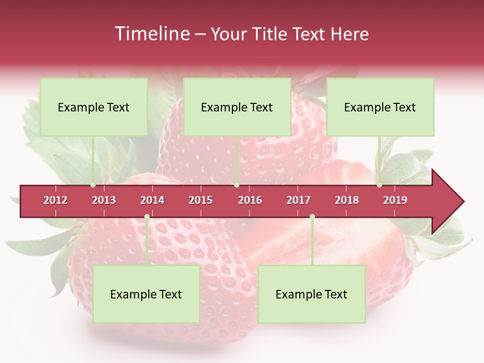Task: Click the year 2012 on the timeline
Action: pos(55,200)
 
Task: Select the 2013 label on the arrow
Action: pos(104,200)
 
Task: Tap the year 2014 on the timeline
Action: pos(152,200)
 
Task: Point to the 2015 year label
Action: pos(201,200)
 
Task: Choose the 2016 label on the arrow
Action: pos(250,200)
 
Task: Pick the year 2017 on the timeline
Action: pos(298,200)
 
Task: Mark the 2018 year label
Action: pos(347,200)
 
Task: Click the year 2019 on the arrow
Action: pos(395,200)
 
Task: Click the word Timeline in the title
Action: pos(151,34)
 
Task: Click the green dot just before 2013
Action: pos(93,185)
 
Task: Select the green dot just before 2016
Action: pos(236,185)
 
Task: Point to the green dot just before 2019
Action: pos(380,185)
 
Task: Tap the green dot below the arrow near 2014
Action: pos(147,217)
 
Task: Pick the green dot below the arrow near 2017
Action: pos(312,217)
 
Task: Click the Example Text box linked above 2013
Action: pos(94,107)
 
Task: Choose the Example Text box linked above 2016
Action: pos(237,107)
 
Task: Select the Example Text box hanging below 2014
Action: pos(146,294)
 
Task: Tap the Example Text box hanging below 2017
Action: pos(312,294)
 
